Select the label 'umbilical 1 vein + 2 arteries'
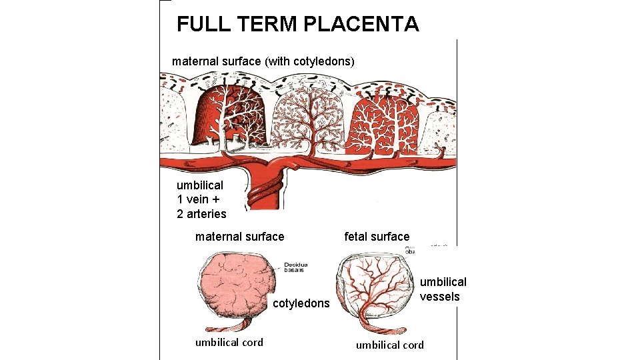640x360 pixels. (x=201, y=199)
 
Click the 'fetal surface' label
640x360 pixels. (x=377, y=237)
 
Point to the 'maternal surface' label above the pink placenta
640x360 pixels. (x=239, y=237)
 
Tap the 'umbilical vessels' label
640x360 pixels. (x=443, y=289)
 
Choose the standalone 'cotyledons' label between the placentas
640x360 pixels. (x=301, y=304)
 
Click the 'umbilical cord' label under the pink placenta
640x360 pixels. (x=229, y=343)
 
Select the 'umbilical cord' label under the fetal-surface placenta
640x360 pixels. (x=389, y=345)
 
